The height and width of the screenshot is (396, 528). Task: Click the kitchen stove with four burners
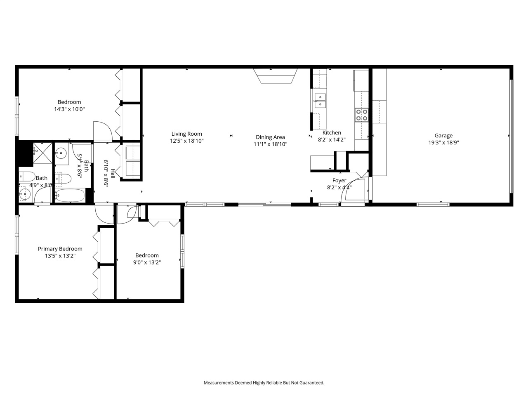coord(362,115)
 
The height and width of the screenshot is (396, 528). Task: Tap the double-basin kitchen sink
coord(320,101)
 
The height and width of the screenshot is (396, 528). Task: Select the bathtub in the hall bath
coord(70,196)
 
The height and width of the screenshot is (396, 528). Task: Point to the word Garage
coord(443,135)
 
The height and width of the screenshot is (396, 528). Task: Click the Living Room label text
coord(187,134)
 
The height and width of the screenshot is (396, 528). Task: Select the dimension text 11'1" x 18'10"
coord(270,144)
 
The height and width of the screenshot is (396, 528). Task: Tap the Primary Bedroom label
coord(60,249)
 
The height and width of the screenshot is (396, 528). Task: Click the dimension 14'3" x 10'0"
coord(69,109)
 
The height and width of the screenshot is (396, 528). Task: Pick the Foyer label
coord(339,180)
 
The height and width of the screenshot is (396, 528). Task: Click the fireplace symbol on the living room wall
coord(275,76)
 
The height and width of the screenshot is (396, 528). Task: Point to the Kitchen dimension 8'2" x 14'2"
coord(332,140)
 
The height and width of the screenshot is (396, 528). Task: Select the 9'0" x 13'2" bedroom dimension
coord(147,262)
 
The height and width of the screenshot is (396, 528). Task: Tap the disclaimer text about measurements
coord(264,383)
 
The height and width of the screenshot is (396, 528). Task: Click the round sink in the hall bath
coord(61,153)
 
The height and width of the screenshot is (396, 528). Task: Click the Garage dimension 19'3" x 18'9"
coord(443,142)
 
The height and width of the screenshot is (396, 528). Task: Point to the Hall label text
coord(113,170)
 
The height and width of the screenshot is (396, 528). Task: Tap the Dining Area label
coord(270,137)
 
